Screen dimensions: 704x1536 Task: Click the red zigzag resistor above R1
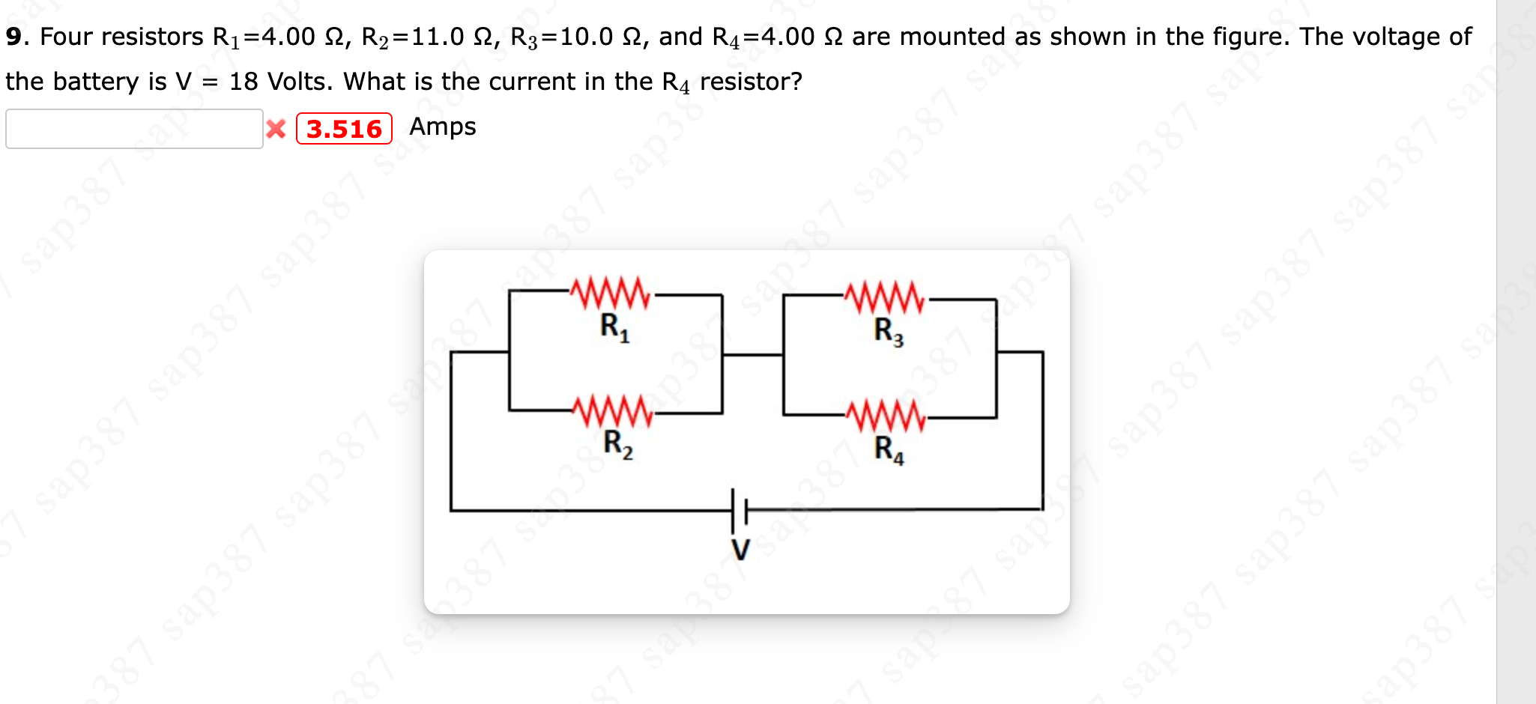tap(611, 294)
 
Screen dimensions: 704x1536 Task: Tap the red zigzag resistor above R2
tap(612, 412)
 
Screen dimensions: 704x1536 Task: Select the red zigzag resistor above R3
tap(885, 297)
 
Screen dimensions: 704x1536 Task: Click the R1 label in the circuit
tap(614, 327)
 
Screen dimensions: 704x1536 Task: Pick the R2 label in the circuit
tap(617, 444)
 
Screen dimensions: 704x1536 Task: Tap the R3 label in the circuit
tap(889, 330)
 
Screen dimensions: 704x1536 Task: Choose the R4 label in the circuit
tap(889, 449)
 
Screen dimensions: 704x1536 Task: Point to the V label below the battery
tap(740, 550)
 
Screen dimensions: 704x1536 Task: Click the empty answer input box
tap(134, 129)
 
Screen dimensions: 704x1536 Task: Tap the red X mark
tap(276, 129)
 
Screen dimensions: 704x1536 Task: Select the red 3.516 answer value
tap(344, 129)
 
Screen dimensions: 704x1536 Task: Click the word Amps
tap(442, 127)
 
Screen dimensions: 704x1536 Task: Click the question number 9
tap(13, 37)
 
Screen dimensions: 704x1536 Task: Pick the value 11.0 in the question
tap(438, 37)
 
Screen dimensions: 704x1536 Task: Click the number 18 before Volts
tap(244, 81)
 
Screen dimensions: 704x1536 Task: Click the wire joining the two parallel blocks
tap(752, 354)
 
